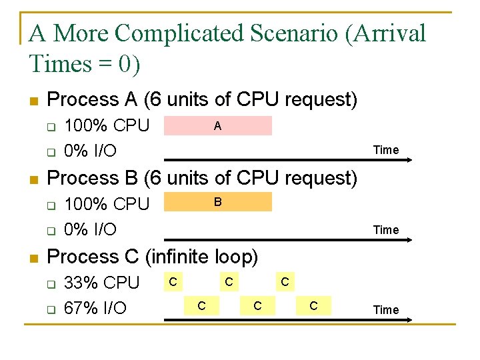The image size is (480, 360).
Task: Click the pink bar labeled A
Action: click(x=218, y=125)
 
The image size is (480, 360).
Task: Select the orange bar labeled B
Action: click(x=218, y=201)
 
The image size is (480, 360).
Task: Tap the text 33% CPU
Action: click(x=101, y=283)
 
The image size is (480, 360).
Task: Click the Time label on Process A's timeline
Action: click(x=386, y=150)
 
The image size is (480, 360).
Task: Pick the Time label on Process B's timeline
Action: click(x=386, y=230)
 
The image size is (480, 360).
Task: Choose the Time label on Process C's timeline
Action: click(x=386, y=310)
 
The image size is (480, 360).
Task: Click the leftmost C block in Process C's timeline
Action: click(x=173, y=283)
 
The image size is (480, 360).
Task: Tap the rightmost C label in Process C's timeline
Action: click(x=313, y=306)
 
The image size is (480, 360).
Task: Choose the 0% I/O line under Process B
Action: click(x=90, y=229)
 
